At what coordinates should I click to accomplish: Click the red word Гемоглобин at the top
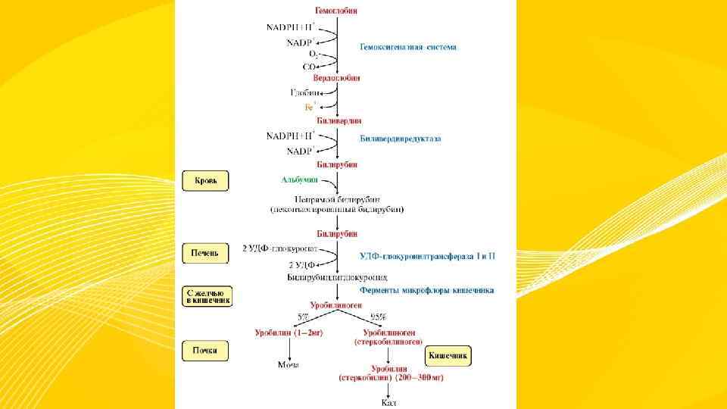pos(337,11)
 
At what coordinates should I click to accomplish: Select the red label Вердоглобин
pos(337,77)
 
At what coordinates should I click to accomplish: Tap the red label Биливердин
pos(337,120)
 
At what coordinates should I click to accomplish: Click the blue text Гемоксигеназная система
pos(407,47)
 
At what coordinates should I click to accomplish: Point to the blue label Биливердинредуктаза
pos(400,139)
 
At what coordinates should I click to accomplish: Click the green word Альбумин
pos(300,180)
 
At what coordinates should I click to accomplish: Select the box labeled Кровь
pos(205,181)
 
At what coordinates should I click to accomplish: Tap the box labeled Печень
pos(205,254)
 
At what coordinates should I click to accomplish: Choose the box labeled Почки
pos(205,350)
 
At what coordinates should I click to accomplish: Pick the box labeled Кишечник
pos(448,355)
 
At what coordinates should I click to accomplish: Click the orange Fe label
pos(310,107)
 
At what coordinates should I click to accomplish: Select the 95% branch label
pos(376,316)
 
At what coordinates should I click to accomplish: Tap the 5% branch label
pos(304,316)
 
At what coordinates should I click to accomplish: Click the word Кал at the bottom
pos(388,401)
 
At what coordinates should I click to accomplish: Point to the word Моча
pos(289,364)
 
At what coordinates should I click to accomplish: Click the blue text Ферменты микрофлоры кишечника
pos(427,290)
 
